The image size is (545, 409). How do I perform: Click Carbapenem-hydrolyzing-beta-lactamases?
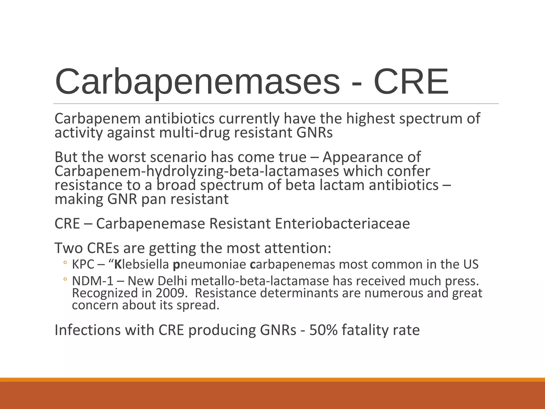197,171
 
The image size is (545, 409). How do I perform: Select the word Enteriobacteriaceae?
342,223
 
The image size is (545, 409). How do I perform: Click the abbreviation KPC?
83,264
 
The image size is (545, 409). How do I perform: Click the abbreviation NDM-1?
93,281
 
